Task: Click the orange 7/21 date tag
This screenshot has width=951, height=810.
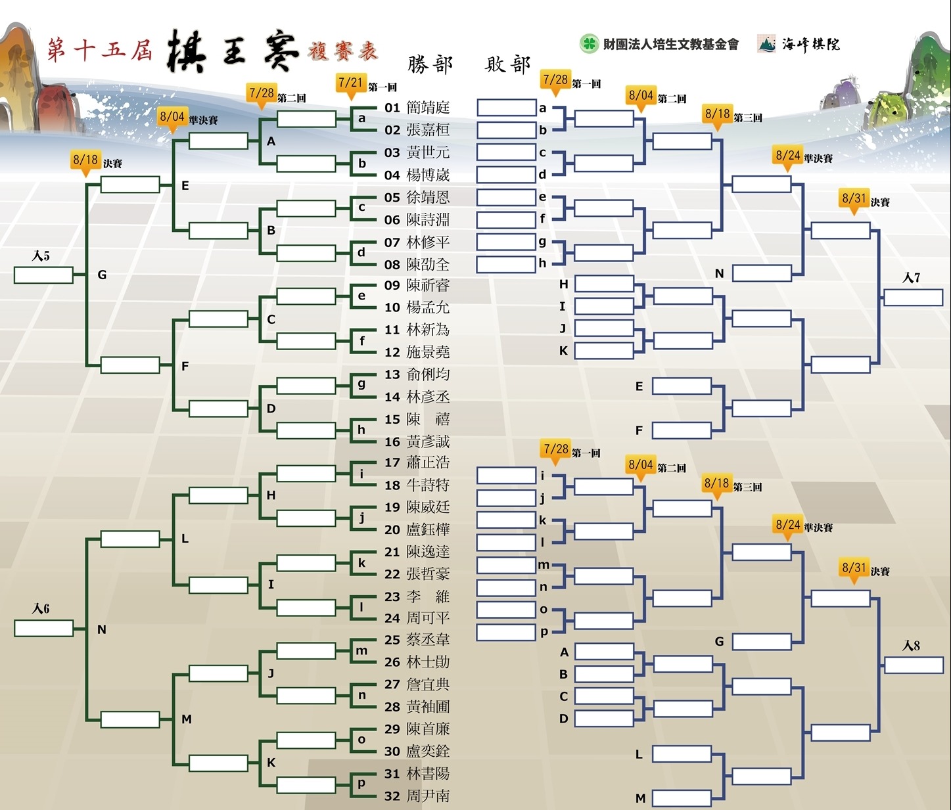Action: [351, 83]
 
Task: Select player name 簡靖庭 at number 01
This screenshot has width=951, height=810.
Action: [428, 108]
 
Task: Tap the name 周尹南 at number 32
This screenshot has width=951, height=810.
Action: [428, 796]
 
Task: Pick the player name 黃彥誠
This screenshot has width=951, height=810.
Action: [428, 441]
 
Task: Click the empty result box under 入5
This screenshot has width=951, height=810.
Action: [44, 275]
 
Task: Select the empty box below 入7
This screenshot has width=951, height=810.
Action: [914, 298]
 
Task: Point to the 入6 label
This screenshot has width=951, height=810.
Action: [41, 608]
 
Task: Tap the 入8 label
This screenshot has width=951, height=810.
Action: [911, 645]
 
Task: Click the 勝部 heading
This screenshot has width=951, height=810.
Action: [430, 64]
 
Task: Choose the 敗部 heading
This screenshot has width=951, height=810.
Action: [507, 64]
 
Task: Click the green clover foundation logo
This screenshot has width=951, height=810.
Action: [590, 44]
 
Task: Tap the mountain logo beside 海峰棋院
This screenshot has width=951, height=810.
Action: [766, 44]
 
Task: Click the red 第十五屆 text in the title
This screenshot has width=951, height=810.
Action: [99, 50]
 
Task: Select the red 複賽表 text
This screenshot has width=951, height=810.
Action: [343, 51]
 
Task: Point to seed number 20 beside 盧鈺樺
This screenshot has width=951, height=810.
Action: [392, 530]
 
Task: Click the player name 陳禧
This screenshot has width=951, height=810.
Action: [428, 419]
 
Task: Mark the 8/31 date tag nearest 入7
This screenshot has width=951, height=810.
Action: [854, 200]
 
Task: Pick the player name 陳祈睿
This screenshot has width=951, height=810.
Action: [428, 285]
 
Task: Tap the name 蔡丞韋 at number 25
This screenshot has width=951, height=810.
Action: [428, 640]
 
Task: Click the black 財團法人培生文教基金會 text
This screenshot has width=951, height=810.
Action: [671, 44]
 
